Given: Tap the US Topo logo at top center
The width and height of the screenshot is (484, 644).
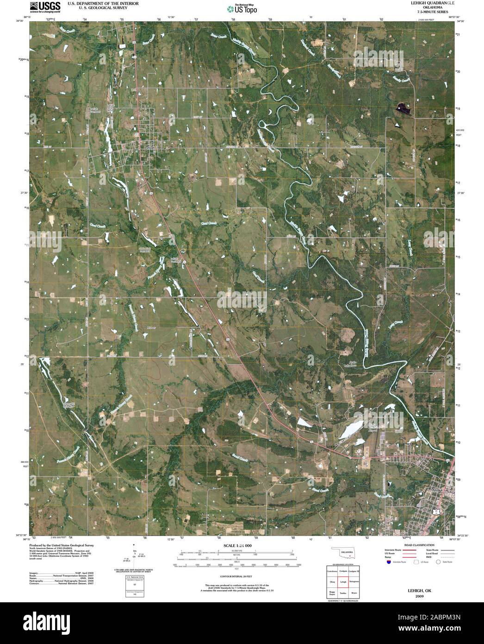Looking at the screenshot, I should (x=242, y=8).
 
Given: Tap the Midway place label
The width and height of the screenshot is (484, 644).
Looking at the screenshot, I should (x=152, y=327).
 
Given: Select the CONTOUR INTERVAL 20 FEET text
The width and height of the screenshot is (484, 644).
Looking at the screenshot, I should (x=236, y=570).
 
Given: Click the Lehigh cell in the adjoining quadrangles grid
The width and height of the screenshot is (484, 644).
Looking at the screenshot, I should (x=343, y=581).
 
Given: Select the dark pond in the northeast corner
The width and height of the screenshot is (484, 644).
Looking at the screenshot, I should (x=403, y=108).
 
